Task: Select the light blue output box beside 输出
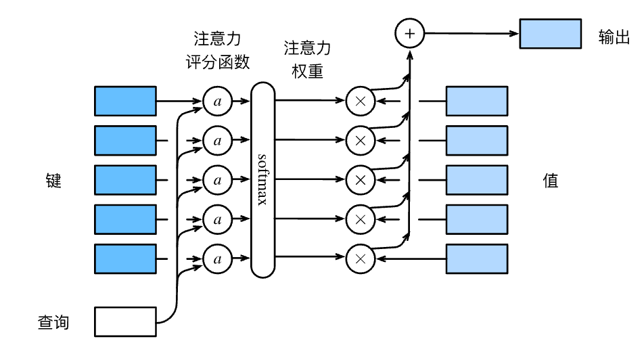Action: [550, 34]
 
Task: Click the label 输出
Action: [614, 37]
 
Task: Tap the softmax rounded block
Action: [262, 179]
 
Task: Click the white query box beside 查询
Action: [125, 321]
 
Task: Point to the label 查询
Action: [53, 322]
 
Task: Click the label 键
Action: [53, 181]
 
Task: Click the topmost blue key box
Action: [125, 102]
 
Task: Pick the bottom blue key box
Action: [125, 258]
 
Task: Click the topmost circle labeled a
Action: [217, 102]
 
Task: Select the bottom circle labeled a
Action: [217, 258]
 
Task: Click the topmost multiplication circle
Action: [361, 102]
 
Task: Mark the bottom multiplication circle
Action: [361, 258]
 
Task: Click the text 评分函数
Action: [217, 62]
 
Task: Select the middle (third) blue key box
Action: [125, 180]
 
